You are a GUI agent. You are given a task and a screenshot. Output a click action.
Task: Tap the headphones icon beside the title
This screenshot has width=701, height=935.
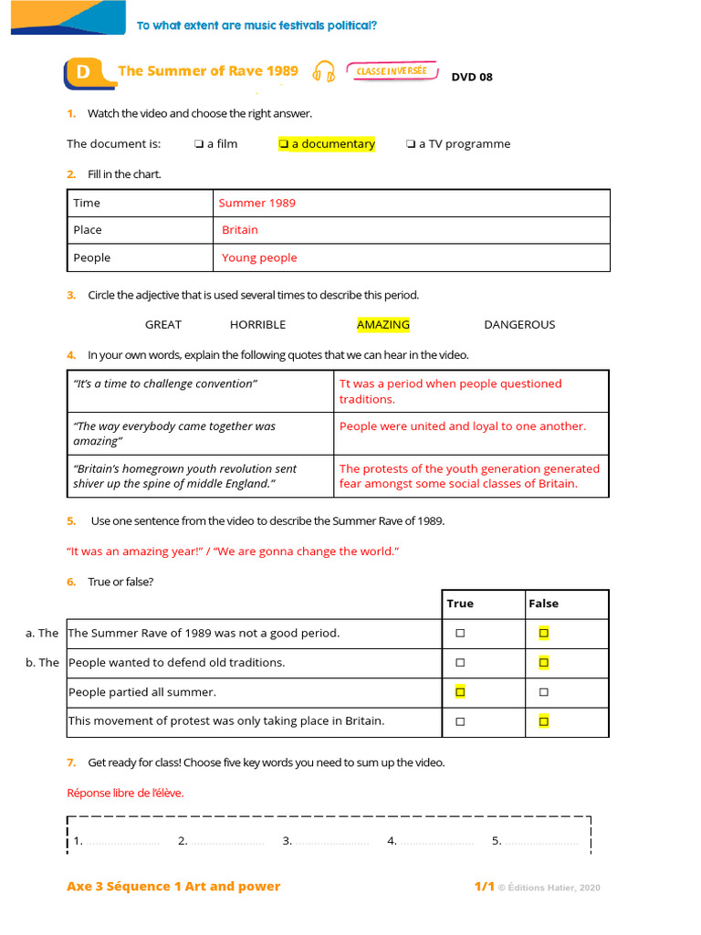323,72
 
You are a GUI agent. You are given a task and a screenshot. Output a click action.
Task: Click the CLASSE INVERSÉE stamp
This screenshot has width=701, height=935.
392,71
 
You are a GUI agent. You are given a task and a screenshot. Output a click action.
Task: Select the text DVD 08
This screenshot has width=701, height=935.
472,77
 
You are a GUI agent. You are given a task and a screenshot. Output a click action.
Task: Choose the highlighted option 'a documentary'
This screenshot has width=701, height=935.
327,143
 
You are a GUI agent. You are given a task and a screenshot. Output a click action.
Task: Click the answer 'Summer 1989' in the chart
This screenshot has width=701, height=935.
257,203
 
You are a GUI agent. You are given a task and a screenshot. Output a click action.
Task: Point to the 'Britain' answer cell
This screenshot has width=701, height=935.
240,230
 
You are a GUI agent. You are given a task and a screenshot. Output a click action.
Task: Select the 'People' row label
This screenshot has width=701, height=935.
92,257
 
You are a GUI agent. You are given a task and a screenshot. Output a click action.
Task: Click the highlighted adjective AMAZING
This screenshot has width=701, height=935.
383,324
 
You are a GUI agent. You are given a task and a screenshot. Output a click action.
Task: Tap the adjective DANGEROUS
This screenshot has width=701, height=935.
519,324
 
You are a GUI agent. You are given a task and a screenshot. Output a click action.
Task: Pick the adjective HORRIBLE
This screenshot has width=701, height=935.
257,324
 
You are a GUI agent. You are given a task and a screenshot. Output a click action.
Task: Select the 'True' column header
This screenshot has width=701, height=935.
460,604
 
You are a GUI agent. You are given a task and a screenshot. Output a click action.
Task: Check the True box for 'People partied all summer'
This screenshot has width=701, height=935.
460,692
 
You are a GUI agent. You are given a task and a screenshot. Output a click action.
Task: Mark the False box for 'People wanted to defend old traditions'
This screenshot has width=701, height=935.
544,663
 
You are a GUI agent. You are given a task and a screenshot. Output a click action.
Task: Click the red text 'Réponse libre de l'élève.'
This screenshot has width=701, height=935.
125,793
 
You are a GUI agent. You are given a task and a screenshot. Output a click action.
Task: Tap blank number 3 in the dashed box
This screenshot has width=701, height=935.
325,841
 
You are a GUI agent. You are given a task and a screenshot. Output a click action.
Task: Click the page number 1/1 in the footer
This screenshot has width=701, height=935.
484,887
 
